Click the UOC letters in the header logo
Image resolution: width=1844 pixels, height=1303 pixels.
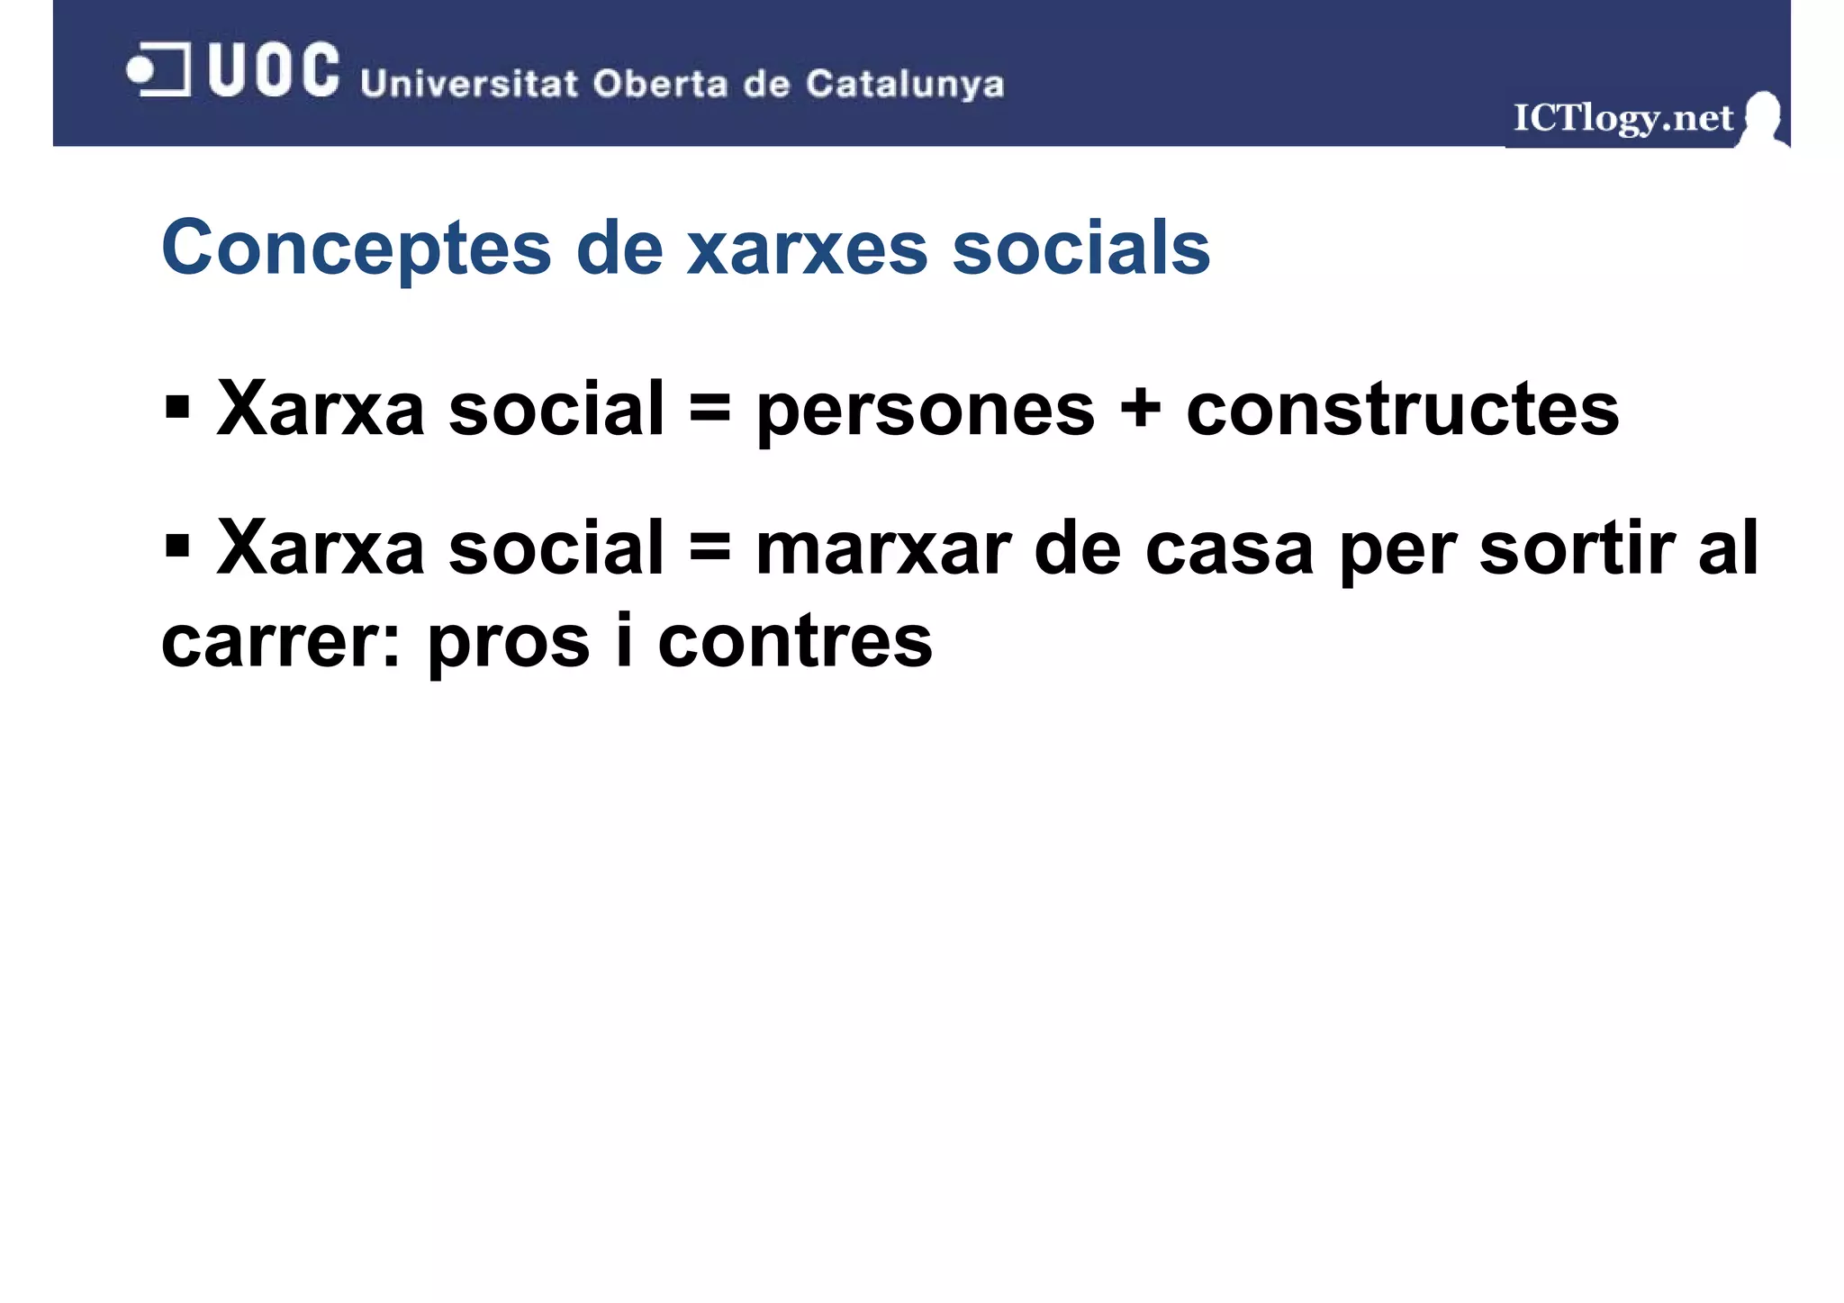pyautogui.click(x=274, y=70)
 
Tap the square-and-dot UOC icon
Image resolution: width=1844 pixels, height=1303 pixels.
pyautogui.click(x=158, y=69)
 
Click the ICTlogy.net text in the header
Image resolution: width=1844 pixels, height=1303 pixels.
pyautogui.click(x=1623, y=118)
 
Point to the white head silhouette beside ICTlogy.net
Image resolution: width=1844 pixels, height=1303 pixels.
pyautogui.click(x=1762, y=117)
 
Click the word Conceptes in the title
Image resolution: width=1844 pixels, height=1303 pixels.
pyautogui.click(x=356, y=248)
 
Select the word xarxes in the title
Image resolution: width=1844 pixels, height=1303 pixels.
pyautogui.click(x=807, y=248)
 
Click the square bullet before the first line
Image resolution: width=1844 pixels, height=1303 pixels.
pyautogui.click(x=177, y=407)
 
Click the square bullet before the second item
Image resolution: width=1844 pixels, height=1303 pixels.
pyautogui.click(x=177, y=546)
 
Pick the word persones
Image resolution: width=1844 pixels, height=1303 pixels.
pyautogui.click(x=925, y=411)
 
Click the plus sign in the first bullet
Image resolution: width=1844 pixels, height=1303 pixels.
pyautogui.click(x=1141, y=408)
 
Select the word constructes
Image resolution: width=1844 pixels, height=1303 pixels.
pyautogui.click(x=1402, y=409)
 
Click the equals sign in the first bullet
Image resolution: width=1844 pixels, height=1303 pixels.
pyautogui.click(x=710, y=408)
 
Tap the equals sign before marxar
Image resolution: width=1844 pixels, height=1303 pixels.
pyautogui.click(x=710, y=547)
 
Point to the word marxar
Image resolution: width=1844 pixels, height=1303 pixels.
pyautogui.click(x=883, y=548)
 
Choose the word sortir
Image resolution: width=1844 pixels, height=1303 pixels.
pyautogui.click(x=1577, y=547)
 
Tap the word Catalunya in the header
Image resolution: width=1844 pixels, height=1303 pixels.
pyautogui.click(x=904, y=84)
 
